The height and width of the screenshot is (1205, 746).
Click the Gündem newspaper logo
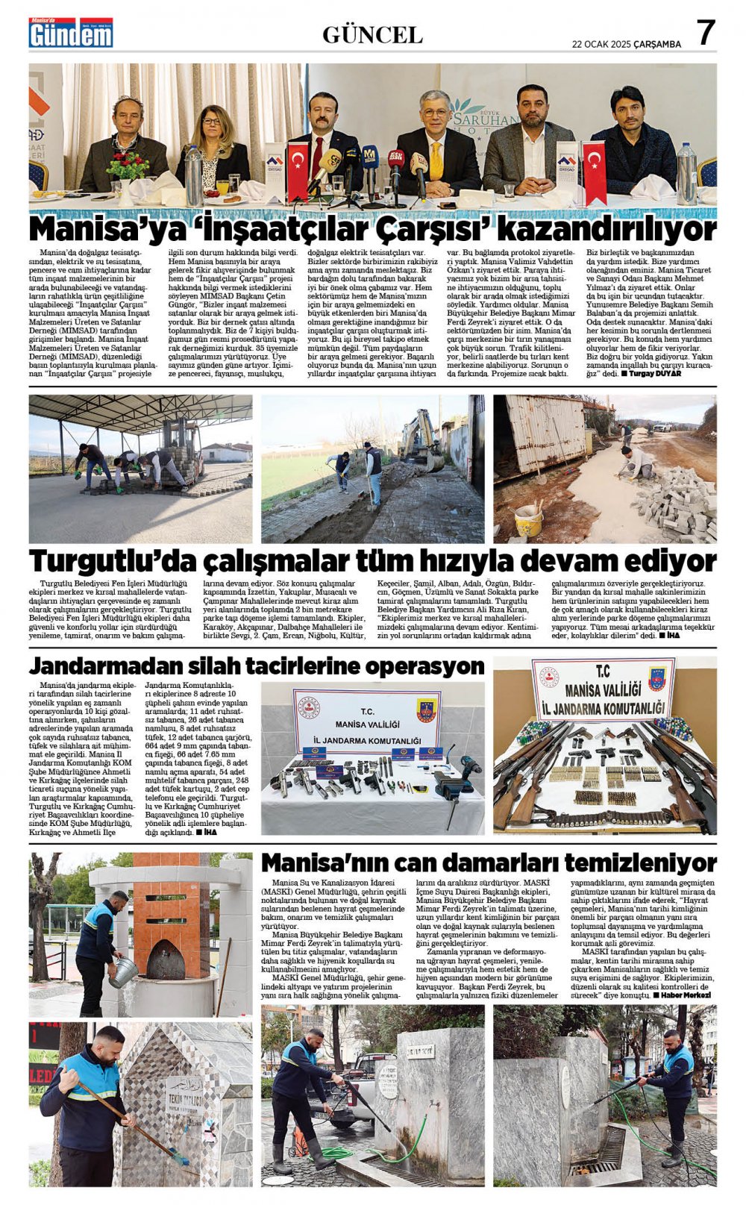[71, 34]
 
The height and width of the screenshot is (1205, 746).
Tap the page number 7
[705, 33]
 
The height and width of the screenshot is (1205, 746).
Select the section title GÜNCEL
[372, 35]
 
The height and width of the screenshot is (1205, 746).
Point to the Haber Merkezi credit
[686, 995]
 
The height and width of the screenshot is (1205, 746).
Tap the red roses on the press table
[128, 166]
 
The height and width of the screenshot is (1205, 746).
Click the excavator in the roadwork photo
[421, 442]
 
